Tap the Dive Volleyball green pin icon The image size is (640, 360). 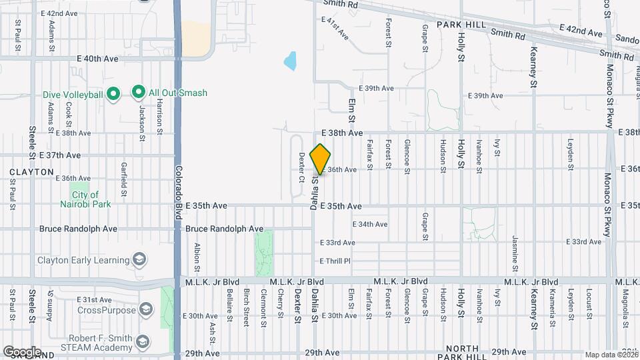click(x=113, y=94)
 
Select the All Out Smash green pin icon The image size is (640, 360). click(x=139, y=92)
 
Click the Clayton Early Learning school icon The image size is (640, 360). click(x=139, y=259)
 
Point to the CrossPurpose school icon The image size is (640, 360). click(x=146, y=309)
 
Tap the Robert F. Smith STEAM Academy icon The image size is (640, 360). click(x=142, y=343)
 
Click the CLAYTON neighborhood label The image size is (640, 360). click(x=31, y=171)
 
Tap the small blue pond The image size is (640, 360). click(x=290, y=61)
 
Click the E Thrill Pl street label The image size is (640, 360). click(x=335, y=261)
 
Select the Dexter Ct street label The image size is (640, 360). click(x=301, y=167)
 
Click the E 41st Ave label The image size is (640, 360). click(x=335, y=29)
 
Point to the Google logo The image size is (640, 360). click(x=21, y=351)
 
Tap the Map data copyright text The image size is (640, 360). click(x=611, y=355)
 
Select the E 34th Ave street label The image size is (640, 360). click(x=369, y=224)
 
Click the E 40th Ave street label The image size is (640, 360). click(x=97, y=59)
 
